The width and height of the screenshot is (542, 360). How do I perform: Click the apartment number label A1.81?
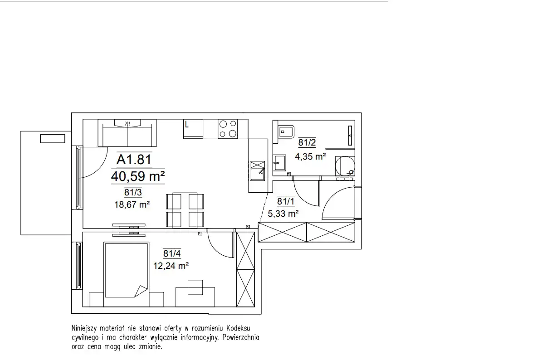(x=134, y=159)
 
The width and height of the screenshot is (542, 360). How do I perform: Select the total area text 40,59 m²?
(x=137, y=176)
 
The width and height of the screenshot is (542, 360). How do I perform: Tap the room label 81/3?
(x=133, y=192)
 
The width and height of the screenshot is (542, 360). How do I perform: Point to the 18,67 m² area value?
(x=132, y=204)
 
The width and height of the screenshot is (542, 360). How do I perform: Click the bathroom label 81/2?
(x=307, y=142)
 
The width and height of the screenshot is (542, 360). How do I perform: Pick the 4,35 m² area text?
(x=310, y=156)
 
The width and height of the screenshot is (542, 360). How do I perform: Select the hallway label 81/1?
(x=286, y=201)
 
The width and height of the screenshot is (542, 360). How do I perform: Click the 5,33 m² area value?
(x=283, y=214)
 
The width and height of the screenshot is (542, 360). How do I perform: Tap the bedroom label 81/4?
(x=172, y=253)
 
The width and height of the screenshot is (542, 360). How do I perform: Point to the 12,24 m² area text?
(x=171, y=266)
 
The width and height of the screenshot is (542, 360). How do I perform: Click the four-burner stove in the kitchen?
(x=228, y=129)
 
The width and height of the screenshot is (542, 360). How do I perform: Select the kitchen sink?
(x=257, y=170)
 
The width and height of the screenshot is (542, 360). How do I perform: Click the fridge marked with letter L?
(x=193, y=129)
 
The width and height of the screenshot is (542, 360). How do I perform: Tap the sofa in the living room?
(x=127, y=133)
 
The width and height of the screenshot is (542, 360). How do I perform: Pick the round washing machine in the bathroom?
(x=345, y=166)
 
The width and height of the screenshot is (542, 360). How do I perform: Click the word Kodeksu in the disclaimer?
(x=238, y=328)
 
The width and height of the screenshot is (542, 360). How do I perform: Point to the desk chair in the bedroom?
(x=195, y=287)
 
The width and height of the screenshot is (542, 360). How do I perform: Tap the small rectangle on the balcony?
(x=53, y=139)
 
